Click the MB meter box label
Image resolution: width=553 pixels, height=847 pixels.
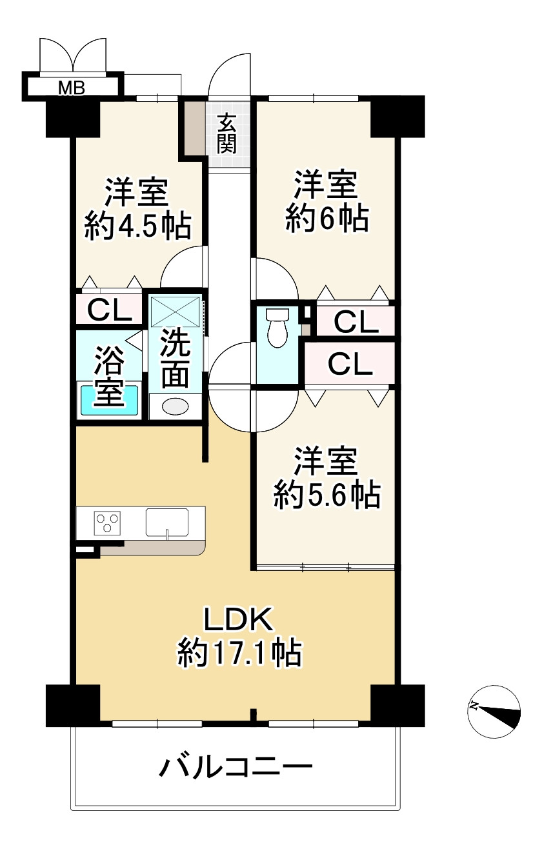tap(72, 88)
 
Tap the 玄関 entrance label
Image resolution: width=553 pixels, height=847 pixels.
tap(226, 133)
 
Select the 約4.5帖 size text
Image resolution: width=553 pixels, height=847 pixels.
tap(137, 227)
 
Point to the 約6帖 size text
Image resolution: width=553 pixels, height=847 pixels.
tap(327, 220)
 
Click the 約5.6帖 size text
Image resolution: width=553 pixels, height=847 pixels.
tap(326, 495)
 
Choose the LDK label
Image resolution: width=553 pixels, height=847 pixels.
tap(239, 620)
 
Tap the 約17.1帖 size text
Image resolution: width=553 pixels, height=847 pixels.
tap(239, 653)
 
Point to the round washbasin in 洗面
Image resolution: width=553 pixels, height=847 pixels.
tap(174, 407)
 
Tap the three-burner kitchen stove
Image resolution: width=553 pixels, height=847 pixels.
tap(108, 522)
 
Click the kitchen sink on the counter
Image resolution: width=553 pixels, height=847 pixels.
tap(166, 521)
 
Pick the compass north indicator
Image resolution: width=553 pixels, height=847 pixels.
tap(494, 711)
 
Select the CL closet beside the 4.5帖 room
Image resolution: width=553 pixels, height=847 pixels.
tap(109, 310)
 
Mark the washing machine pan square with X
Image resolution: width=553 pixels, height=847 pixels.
tap(176, 311)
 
